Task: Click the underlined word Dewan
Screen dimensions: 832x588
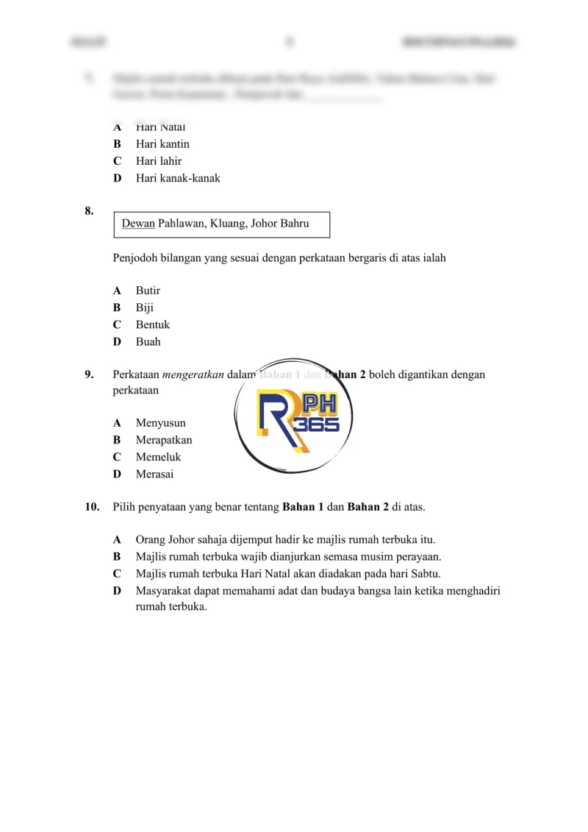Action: click(138, 224)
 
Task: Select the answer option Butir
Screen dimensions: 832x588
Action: click(148, 291)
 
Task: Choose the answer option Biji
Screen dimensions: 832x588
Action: click(145, 307)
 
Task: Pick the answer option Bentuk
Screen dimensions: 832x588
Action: click(152, 324)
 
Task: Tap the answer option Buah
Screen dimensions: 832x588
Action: click(148, 342)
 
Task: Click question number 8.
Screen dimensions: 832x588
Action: click(89, 212)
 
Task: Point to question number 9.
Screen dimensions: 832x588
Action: click(89, 374)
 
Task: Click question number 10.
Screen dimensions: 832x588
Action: click(92, 507)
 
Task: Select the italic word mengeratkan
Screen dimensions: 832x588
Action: click(193, 374)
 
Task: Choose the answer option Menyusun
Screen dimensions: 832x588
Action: click(160, 423)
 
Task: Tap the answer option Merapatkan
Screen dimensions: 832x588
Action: click(164, 440)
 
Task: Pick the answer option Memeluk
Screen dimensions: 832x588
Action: click(158, 457)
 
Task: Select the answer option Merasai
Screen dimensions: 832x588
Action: click(155, 474)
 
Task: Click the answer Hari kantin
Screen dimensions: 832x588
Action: click(162, 144)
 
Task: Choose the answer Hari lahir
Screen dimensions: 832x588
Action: click(159, 161)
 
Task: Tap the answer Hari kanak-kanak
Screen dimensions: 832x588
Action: click(178, 178)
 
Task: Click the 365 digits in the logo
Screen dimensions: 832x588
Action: click(316, 426)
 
